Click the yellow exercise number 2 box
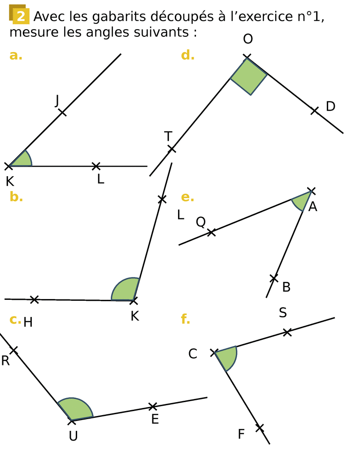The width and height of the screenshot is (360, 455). tap(20, 17)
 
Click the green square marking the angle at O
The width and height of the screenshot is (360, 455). tap(249, 76)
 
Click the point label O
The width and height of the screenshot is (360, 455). tap(248, 39)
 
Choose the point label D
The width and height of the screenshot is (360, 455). tap(330, 107)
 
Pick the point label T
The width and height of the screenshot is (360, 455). tap(168, 136)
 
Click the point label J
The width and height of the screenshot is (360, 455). tap(57, 102)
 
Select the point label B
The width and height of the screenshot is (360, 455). tap(286, 287)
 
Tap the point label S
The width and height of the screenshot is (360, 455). tap(283, 313)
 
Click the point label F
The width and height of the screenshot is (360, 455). tap(241, 434)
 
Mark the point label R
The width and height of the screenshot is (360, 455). tap(5, 361)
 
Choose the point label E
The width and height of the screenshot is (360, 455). tap(155, 420)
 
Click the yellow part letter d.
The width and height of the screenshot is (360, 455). tap(187, 56)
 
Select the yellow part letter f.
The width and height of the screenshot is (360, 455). tap(185, 319)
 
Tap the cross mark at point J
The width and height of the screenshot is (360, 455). tap(62, 112)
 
